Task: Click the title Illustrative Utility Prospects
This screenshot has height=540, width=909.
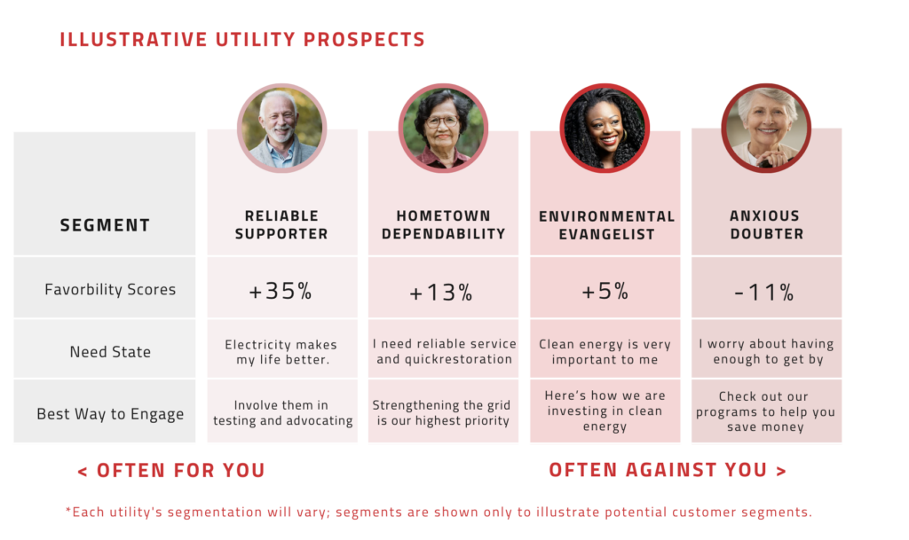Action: click(x=242, y=40)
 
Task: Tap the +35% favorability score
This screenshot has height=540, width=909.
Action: click(x=281, y=291)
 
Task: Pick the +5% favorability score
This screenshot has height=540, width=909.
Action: click(x=606, y=291)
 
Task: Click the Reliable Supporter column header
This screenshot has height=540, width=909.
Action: click(x=281, y=225)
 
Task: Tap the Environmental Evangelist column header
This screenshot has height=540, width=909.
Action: click(x=606, y=225)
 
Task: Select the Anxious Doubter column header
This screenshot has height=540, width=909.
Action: click(x=765, y=225)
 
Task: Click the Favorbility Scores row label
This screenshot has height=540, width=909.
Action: click(x=110, y=290)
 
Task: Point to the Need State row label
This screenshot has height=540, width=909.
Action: click(x=110, y=352)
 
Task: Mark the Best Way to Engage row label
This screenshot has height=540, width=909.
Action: click(x=110, y=414)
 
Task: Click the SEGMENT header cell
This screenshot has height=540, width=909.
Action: click(x=105, y=225)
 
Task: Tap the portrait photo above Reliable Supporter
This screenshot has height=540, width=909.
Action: click(x=281, y=128)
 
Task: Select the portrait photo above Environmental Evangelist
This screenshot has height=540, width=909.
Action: click(x=605, y=128)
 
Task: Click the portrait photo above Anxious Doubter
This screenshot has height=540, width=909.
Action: click(x=765, y=128)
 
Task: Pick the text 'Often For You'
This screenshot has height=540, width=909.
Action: click(x=171, y=470)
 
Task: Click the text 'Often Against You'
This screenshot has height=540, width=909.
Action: click(x=668, y=470)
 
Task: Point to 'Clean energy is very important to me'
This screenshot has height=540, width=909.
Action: click(x=605, y=352)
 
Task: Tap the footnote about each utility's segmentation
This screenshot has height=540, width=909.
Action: click(x=439, y=513)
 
